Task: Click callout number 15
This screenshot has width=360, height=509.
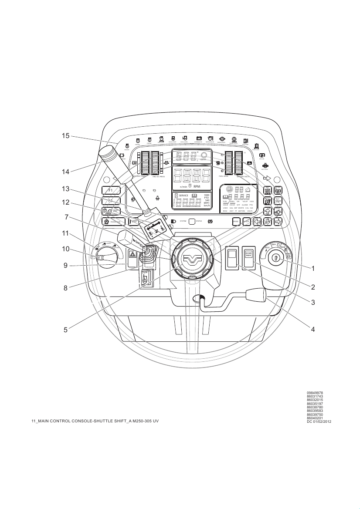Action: [x=65, y=136]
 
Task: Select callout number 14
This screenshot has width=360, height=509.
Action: [x=65, y=172]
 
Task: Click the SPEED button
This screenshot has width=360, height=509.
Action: [x=236, y=221]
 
